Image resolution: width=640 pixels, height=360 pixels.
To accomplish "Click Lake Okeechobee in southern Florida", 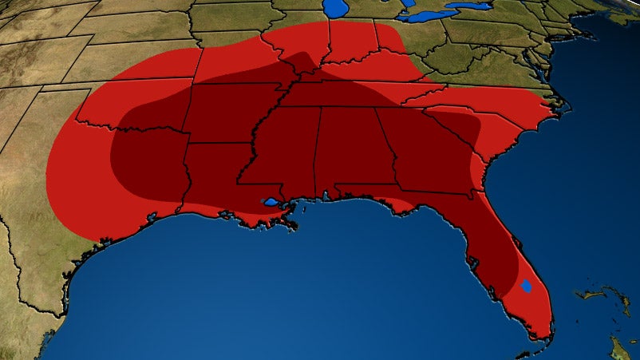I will tap(526, 286).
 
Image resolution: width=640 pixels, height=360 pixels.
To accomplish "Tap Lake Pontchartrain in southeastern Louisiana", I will tap(271, 203).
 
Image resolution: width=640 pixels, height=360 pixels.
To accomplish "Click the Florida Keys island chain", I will tap(527, 351).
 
